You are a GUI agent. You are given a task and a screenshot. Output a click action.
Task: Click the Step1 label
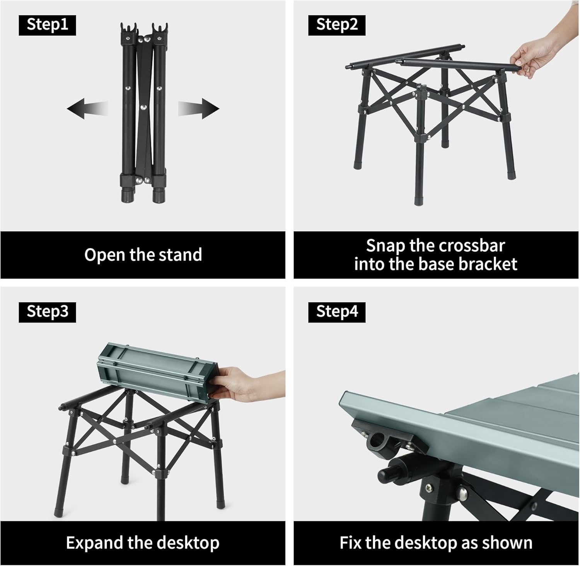pyautogui.click(x=47, y=25)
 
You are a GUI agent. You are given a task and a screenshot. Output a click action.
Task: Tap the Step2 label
pyautogui.click(x=337, y=25)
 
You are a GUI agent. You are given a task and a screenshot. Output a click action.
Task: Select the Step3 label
pyautogui.click(x=47, y=312)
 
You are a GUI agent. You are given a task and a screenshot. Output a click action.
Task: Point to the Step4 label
pyautogui.click(x=337, y=312)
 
